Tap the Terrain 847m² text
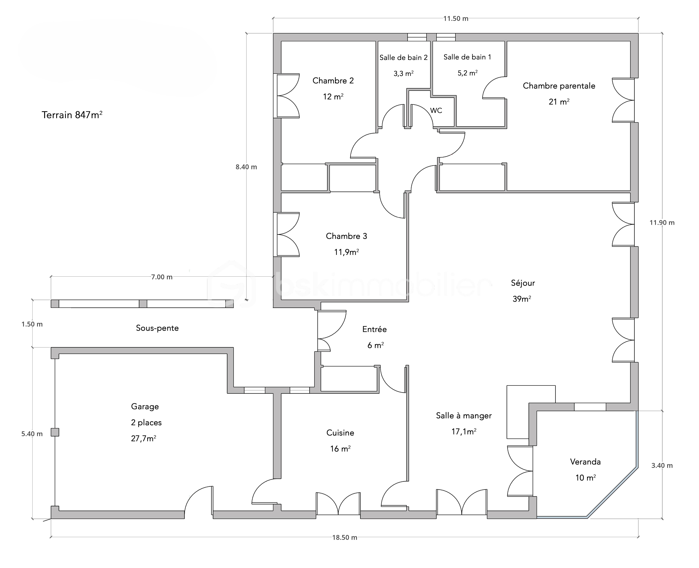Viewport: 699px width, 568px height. [x=72, y=115]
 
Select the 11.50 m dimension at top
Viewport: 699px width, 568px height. [x=456, y=19]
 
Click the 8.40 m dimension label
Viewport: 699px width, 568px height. [x=246, y=167]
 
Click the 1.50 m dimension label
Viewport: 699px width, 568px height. [x=32, y=324]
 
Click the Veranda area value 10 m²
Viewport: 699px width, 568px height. [x=585, y=478]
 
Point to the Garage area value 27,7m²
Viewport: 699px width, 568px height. [x=143, y=438]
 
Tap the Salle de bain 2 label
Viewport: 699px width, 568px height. [x=403, y=58]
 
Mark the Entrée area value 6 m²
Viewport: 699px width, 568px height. [x=376, y=345]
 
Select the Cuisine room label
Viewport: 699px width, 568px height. [x=340, y=433]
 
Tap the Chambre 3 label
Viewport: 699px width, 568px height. [x=346, y=236]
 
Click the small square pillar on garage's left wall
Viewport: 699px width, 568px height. [x=55, y=432]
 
